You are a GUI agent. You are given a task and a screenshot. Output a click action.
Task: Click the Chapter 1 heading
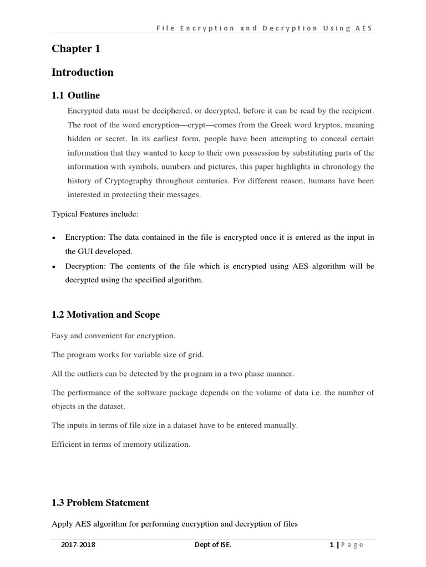coord(76,49)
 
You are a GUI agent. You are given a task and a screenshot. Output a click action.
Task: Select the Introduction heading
coord(82,73)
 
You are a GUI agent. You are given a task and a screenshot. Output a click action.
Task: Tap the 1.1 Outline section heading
coord(75,96)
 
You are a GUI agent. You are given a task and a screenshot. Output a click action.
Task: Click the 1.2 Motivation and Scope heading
coord(105,315)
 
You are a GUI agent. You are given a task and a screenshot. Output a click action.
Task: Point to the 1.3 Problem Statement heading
coord(100,503)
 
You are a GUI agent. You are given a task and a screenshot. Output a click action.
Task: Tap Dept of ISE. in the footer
coord(213,545)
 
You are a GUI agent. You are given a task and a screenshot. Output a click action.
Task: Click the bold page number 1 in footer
coord(331,545)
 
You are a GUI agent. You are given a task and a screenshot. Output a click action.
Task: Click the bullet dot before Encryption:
coord(54,238)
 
